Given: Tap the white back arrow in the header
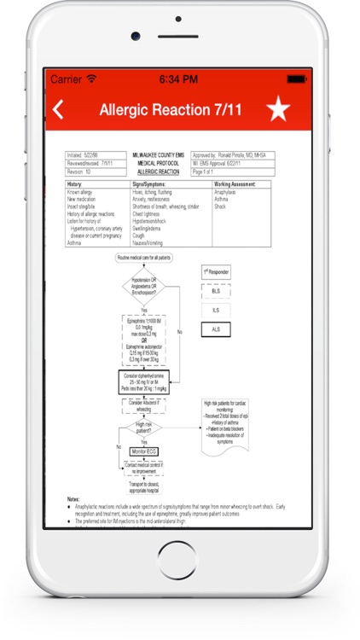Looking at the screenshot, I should [58, 109].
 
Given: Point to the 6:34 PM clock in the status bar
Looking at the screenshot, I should [179, 79].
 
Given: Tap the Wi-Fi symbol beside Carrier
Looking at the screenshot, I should [91, 79].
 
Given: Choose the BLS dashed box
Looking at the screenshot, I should [215, 291].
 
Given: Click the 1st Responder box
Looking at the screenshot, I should [215, 272].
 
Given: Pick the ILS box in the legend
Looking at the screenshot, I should [215, 310].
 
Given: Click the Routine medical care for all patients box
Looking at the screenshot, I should [142, 257].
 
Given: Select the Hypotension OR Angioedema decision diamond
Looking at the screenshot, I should [142, 286].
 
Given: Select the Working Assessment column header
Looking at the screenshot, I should [230, 183].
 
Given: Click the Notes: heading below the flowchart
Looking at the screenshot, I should [75, 497].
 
